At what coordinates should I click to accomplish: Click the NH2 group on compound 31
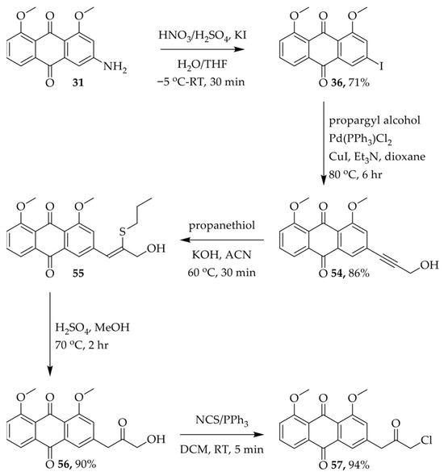click(115, 67)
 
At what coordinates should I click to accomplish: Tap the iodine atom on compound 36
click(381, 66)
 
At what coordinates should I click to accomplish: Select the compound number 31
click(78, 82)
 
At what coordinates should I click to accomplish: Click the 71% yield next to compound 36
click(358, 82)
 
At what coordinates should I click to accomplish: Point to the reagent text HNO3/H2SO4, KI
click(203, 35)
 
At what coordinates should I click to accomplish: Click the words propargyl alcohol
click(375, 120)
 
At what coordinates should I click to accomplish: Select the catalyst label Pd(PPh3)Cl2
click(361, 139)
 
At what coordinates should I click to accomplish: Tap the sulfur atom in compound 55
click(123, 232)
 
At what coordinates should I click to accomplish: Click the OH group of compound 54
click(429, 265)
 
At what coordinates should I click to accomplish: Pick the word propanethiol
click(222, 226)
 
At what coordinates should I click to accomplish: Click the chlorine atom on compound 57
click(426, 440)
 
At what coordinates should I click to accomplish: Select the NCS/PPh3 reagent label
click(222, 420)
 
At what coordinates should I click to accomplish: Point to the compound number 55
click(78, 273)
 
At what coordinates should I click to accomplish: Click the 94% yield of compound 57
click(358, 465)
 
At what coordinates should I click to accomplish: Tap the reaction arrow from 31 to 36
click(203, 49)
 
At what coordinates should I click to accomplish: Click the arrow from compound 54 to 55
click(222, 240)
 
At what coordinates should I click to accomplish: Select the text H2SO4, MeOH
click(92, 328)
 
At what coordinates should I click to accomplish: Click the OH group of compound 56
click(156, 439)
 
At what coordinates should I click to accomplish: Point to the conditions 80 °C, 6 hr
click(355, 174)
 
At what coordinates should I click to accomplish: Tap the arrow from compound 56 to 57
click(222, 434)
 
